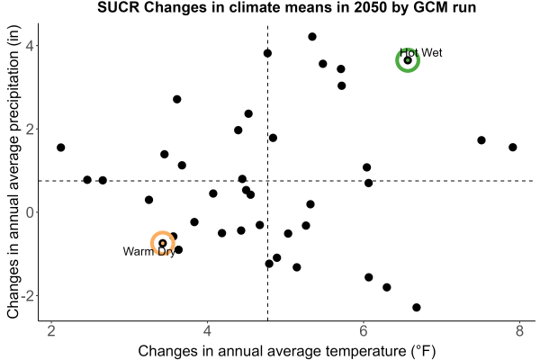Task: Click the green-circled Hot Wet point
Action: [x=408, y=60]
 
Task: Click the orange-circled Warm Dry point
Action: [x=163, y=243]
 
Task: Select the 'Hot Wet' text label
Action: [x=421, y=53]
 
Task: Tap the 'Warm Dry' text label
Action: [x=149, y=251]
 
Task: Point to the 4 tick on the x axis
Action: [x=207, y=331]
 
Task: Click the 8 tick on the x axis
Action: [x=519, y=331]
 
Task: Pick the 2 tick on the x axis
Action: [x=51, y=331]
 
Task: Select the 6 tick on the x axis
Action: [x=364, y=331]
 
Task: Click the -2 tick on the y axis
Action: [x=28, y=296]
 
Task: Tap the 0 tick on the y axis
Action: [x=31, y=212]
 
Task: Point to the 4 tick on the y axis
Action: [x=31, y=46]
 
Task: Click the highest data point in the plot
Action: [x=312, y=37]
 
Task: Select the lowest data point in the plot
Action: [x=417, y=307]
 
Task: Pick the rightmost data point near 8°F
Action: [x=513, y=147]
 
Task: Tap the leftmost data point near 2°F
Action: [x=60, y=148]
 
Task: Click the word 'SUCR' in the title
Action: [x=119, y=7]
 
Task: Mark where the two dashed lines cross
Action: [x=267, y=181]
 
